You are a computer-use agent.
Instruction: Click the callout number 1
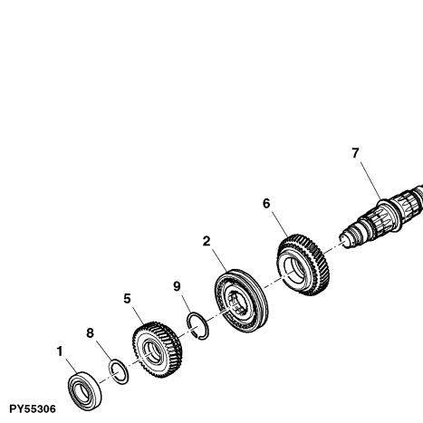[60, 351]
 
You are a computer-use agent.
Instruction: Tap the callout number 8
[90, 333]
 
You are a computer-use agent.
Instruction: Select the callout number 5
[127, 299]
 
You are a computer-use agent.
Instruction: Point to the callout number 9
[177, 286]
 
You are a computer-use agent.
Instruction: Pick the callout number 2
[207, 241]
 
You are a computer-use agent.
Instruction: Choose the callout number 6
[266, 204]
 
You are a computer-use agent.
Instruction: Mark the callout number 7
[356, 153]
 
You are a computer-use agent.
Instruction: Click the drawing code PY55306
[33, 409]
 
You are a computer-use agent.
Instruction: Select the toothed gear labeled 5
[157, 350]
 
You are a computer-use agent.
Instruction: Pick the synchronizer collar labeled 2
[242, 300]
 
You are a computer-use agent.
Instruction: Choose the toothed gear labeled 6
[303, 264]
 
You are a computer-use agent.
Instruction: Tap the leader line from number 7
[370, 180]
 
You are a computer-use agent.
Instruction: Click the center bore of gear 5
[152, 351]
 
